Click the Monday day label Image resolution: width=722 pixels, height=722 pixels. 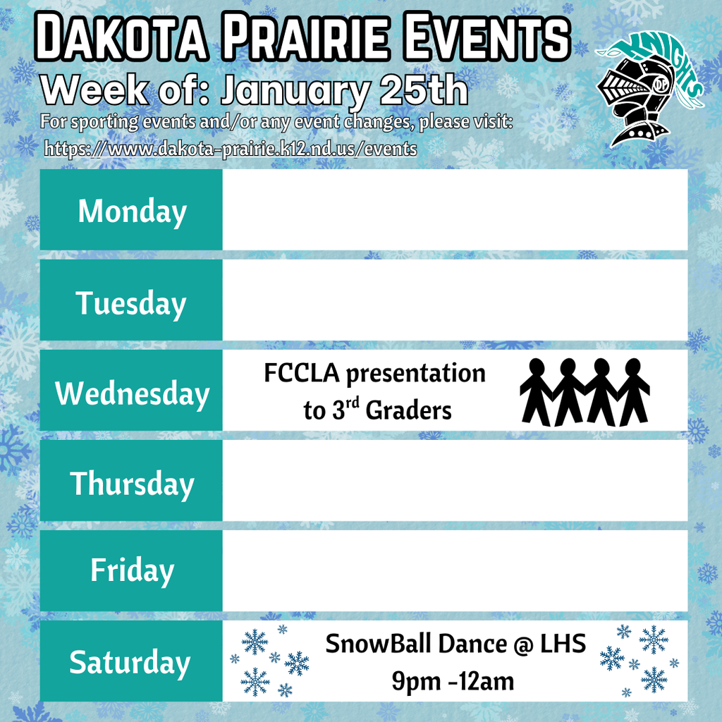coord(132,212)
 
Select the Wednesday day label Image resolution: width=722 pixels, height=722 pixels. coord(132,393)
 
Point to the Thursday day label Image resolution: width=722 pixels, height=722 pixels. coord(132,484)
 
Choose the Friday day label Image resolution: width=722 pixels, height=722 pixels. coord(132,570)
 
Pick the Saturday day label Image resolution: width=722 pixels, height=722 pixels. coord(130,662)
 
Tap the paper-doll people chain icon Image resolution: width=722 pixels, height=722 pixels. coord(585,392)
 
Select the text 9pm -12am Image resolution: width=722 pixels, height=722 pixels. coord(453,681)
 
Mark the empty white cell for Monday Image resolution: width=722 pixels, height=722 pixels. coord(455,210)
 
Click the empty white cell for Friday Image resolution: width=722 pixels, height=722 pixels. coord(455,570)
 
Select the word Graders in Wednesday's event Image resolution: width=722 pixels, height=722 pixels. coord(409,411)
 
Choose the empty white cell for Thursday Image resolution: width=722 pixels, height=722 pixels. coord(455,481)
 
